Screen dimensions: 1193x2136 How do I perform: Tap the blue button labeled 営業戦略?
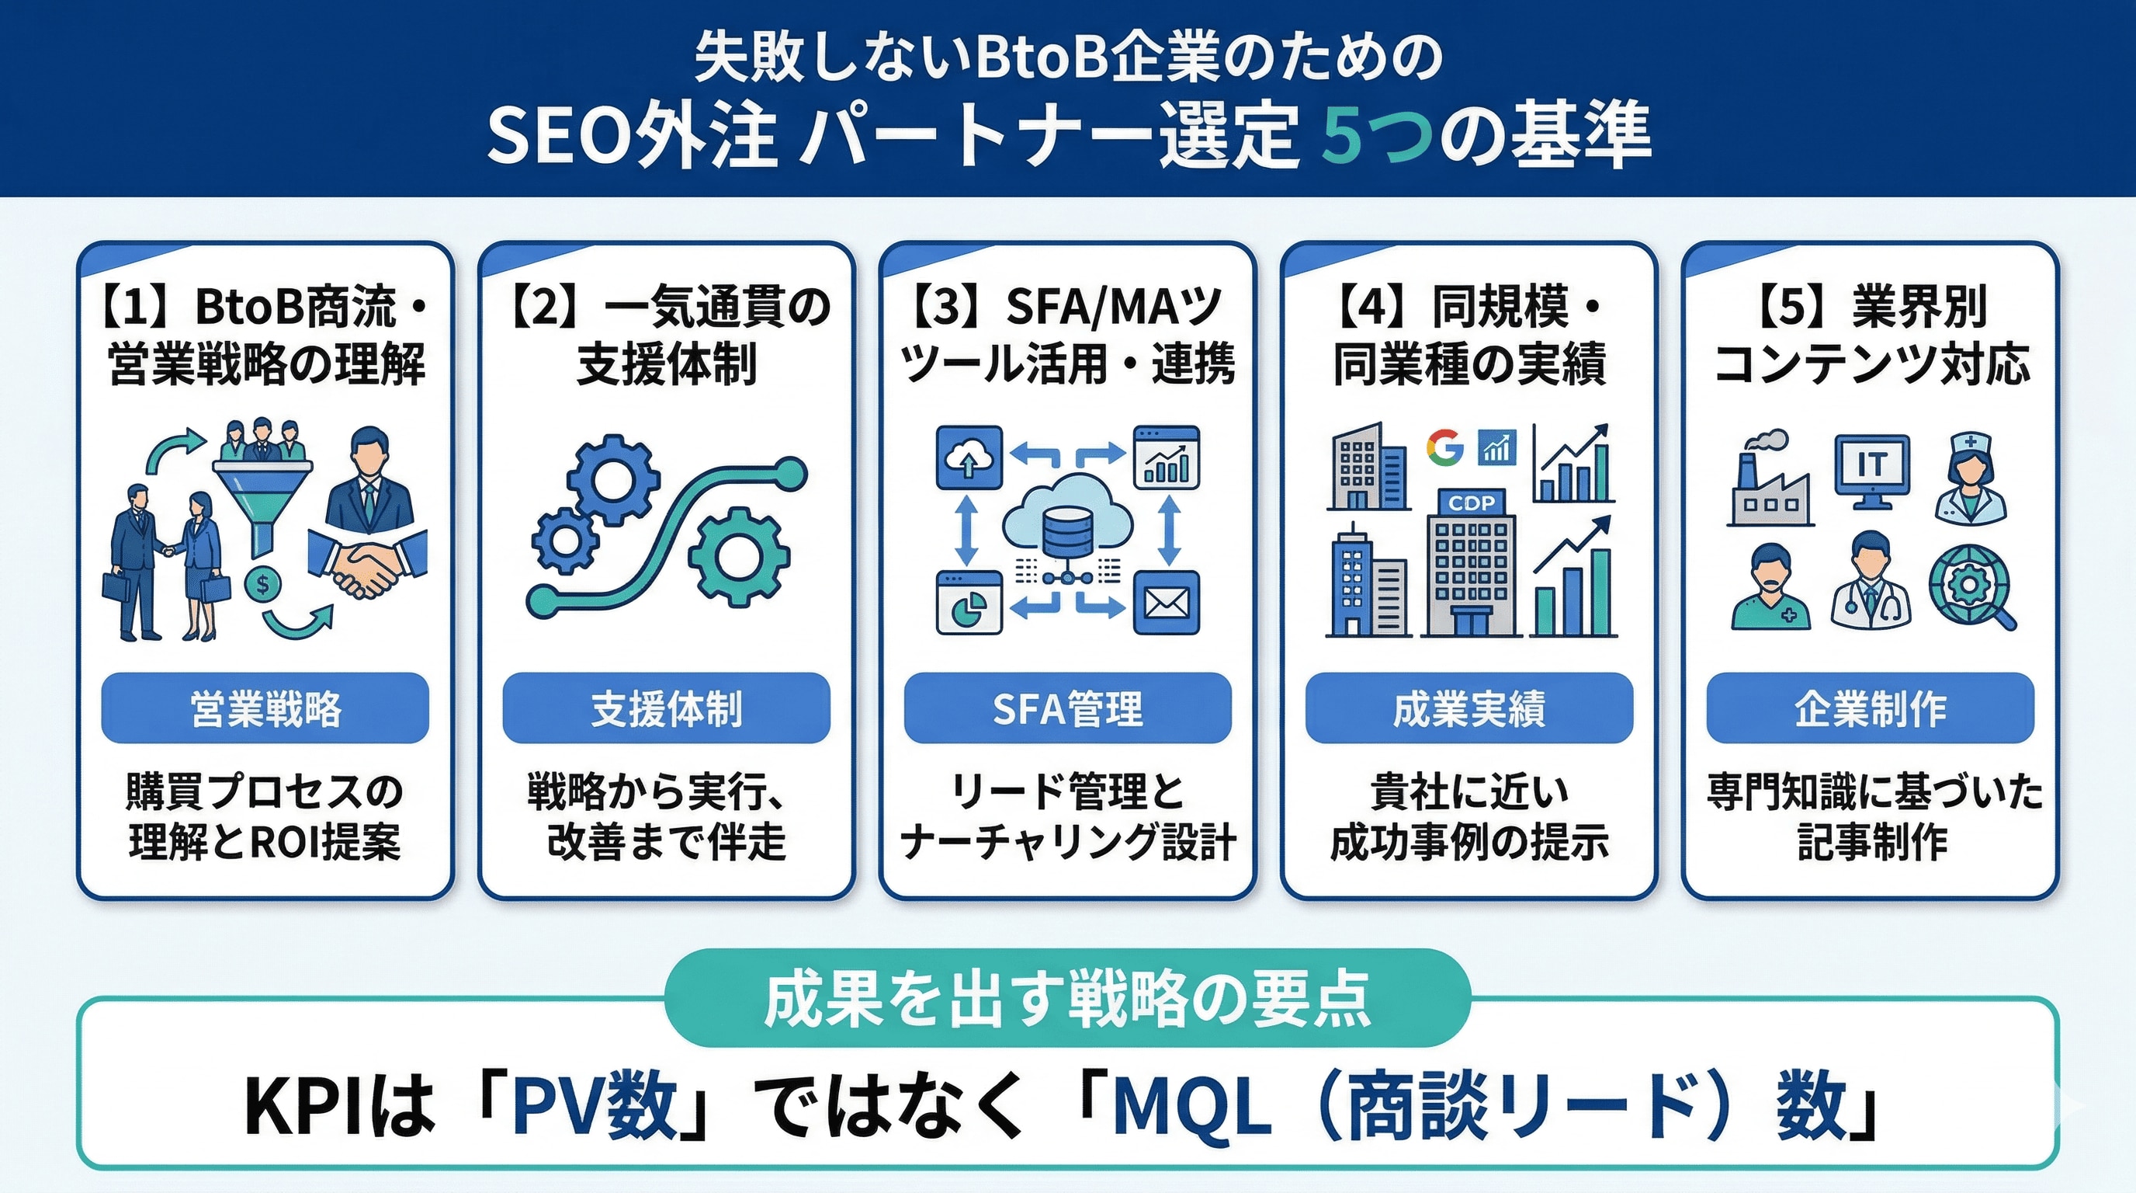coord(265,708)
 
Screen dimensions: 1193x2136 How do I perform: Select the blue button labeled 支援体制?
coord(666,708)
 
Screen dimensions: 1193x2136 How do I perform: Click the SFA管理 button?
coord(1067,708)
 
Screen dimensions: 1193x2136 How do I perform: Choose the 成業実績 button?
coord(1468,708)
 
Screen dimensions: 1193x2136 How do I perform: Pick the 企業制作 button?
coord(1870,708)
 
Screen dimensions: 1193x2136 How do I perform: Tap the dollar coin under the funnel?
coord(262,585)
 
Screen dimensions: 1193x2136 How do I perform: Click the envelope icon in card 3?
coord(1166,603)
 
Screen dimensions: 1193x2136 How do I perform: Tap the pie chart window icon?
coord(968,604)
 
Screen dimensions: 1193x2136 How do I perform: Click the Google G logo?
coord(1445,448)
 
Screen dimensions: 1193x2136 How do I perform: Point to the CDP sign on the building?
coord(1471,503)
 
